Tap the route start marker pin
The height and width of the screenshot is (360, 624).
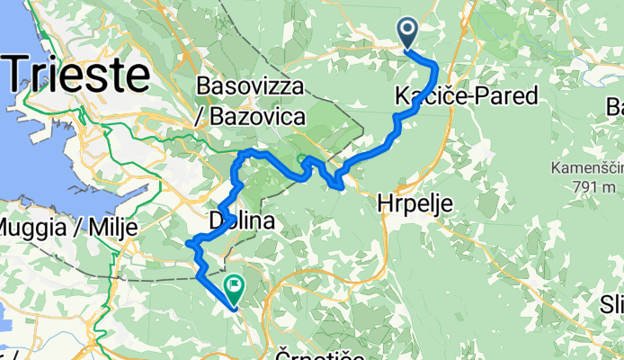(407, 34)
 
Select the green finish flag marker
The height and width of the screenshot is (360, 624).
(235, 289)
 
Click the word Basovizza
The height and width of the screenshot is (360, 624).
(248, 87)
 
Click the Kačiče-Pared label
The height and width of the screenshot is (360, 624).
(466, 95)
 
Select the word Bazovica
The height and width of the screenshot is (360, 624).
(258, 117)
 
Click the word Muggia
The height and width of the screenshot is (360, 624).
(33, 225)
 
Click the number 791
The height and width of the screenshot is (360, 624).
(578, 187)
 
